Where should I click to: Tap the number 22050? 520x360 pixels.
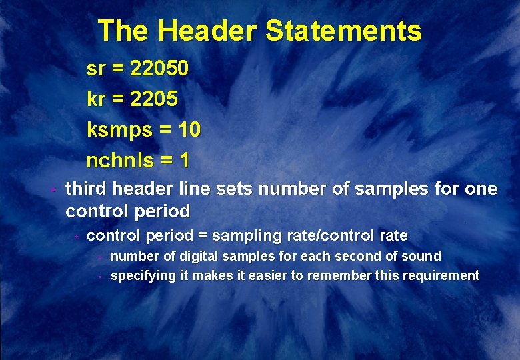160,68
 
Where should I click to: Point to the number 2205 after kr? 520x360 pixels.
154,99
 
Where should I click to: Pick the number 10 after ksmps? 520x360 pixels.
189,129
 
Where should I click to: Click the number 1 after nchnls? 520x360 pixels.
184,160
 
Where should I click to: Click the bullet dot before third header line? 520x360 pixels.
51,190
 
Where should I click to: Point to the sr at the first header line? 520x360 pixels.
95,69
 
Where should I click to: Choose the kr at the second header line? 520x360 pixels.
95,99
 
